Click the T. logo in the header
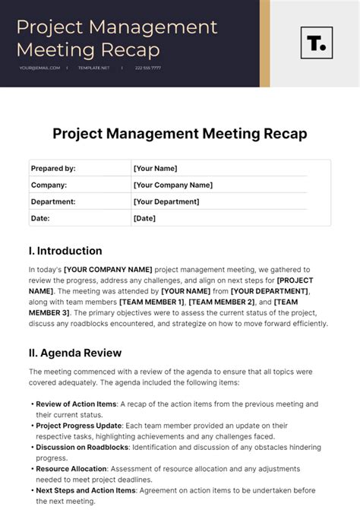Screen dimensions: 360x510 coord(316,43)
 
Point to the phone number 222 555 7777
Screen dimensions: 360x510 coord(148,68)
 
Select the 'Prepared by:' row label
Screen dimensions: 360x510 coord(53,169)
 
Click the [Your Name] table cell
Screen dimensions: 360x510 coord(155,169)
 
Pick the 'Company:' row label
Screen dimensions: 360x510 coord(49,185)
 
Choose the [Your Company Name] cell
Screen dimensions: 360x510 coord(172,185)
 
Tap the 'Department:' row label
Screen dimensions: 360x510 coord(53,201)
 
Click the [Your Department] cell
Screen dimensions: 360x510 coord(166,201)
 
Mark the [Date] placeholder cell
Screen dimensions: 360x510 coord(144,218)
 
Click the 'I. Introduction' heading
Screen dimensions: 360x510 coord(65,251)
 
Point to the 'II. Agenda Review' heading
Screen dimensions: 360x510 coord(75,353)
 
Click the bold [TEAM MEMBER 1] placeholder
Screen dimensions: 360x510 coord(152,302)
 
